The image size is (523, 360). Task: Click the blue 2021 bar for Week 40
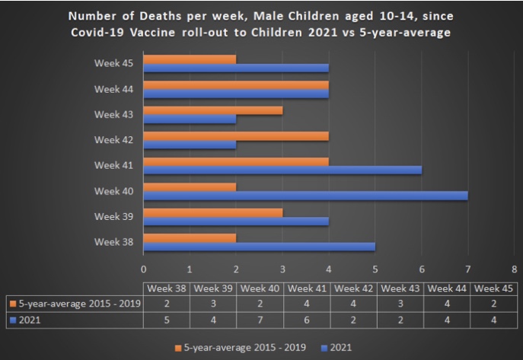305,196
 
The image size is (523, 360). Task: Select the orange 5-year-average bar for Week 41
236,161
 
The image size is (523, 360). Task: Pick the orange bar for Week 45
190,59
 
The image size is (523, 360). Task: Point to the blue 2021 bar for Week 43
190,119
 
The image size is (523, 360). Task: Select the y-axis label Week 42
113,140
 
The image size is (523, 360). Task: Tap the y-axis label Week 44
113,89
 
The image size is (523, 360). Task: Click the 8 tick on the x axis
514,269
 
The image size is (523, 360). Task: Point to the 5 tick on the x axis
375,269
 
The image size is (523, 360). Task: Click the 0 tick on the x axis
144,269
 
